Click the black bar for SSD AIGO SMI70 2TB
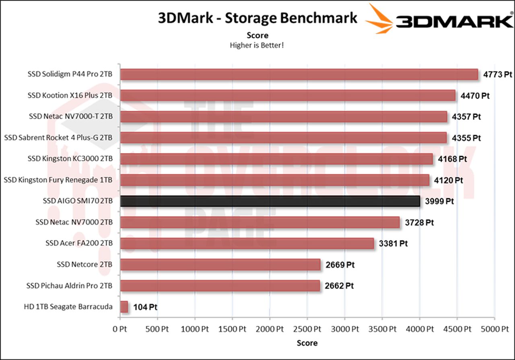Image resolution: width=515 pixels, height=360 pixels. (x=270, y=201)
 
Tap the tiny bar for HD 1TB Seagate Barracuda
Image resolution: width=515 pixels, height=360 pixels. (x=124, y=307)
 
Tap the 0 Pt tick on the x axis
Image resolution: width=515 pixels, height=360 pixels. (x=120, y=329)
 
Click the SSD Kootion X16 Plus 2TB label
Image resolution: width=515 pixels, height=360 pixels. (x=70, y=95)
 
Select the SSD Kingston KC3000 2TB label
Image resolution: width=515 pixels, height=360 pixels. (x=70, y=159)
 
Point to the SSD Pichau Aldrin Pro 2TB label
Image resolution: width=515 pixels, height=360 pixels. (x=69, y=286)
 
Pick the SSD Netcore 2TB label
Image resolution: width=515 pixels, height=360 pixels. (x=84, y=265)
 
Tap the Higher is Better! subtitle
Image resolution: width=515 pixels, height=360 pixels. (x=257, y=45)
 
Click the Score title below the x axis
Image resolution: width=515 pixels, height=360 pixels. (x=307, y=343)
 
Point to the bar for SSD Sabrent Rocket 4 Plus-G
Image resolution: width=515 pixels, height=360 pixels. (x=283, y=138)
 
